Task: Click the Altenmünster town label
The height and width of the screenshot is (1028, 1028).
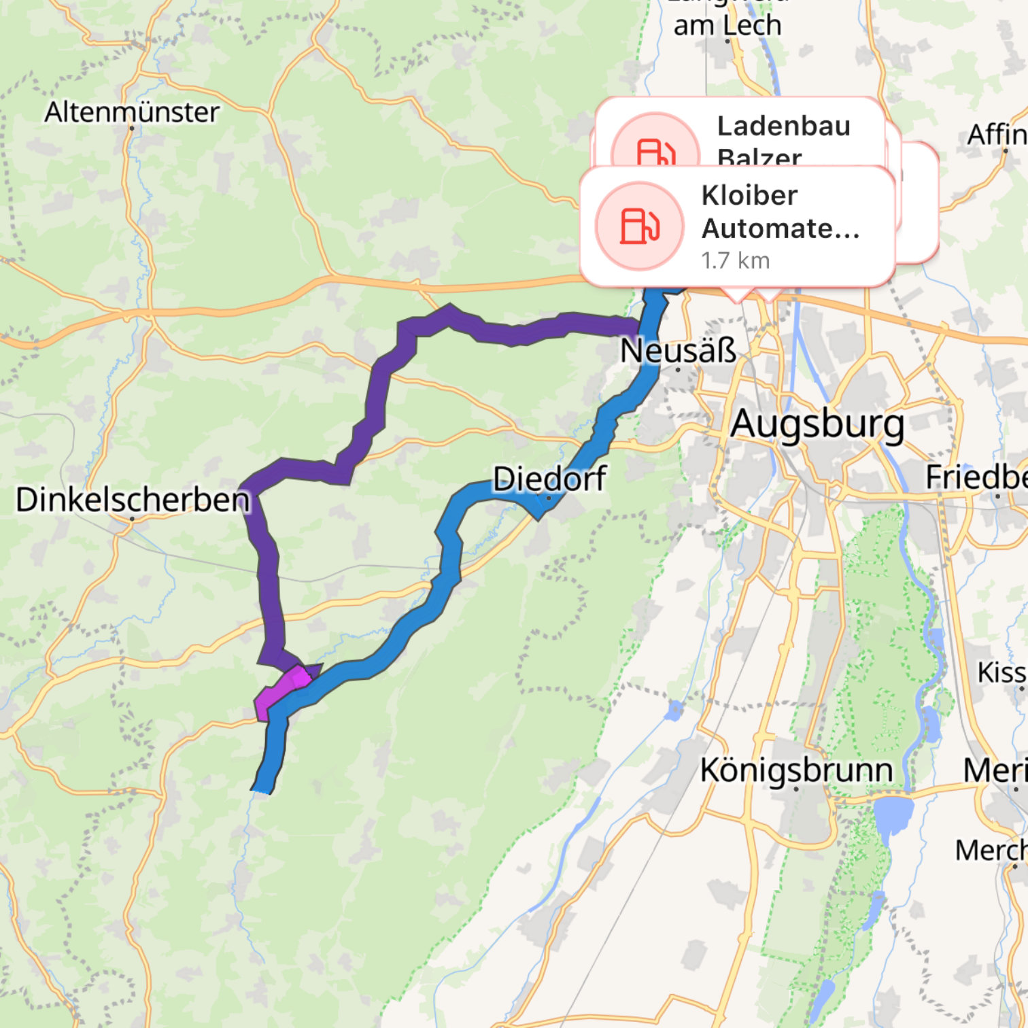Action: tap(132, 112)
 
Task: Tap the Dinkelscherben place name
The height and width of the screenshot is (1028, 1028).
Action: tap(133, 500)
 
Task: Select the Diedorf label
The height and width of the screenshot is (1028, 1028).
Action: tap(549, 479)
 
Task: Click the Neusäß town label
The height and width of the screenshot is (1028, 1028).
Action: tap(678, 351)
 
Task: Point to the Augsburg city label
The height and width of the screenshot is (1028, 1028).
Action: tap(817, 424)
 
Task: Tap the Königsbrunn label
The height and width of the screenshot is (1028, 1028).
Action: tap(796, 770)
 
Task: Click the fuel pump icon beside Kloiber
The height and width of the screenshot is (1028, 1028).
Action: tap(639, 226)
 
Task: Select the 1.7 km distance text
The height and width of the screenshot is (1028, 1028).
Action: tap(735, 260)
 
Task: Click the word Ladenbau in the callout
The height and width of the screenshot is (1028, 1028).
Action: tap(783, 126)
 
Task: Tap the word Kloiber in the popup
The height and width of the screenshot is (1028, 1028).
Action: tap(749, 196)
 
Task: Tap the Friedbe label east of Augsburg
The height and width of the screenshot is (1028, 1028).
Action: tap(976, 477)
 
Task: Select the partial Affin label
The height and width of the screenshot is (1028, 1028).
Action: tap(997, 135)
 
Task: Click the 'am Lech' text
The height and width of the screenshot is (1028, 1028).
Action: tap(727, 26)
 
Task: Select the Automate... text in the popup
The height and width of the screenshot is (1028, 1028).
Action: tap(781, 228)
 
